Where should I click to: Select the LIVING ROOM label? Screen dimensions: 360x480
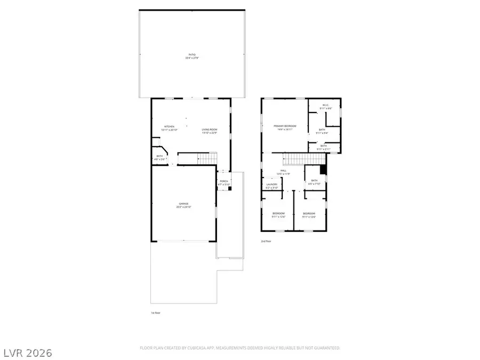click(210, 130)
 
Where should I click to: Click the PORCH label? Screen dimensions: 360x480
click(224, 181)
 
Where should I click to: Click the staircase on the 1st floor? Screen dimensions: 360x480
click(197, 158)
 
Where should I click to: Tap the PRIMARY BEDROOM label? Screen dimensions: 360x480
click(285, 126)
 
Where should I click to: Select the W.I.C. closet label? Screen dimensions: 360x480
click(326, 106)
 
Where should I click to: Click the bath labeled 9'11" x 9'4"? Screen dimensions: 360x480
click(322, 130)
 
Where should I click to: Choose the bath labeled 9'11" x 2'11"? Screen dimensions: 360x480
click(324, 146)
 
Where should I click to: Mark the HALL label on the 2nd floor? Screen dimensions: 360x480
click(284, 171)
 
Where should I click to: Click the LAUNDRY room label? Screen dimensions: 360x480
click(272, 186)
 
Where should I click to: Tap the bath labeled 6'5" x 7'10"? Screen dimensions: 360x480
click(314, 181)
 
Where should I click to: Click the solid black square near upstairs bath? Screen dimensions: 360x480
click(322, 170)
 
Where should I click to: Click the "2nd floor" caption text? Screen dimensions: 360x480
click(266, 241)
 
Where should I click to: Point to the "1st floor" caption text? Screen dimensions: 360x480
click(155, 313)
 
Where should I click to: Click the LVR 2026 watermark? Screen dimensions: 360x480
click(27, 352)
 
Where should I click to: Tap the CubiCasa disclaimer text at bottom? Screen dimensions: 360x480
click(239, 348)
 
